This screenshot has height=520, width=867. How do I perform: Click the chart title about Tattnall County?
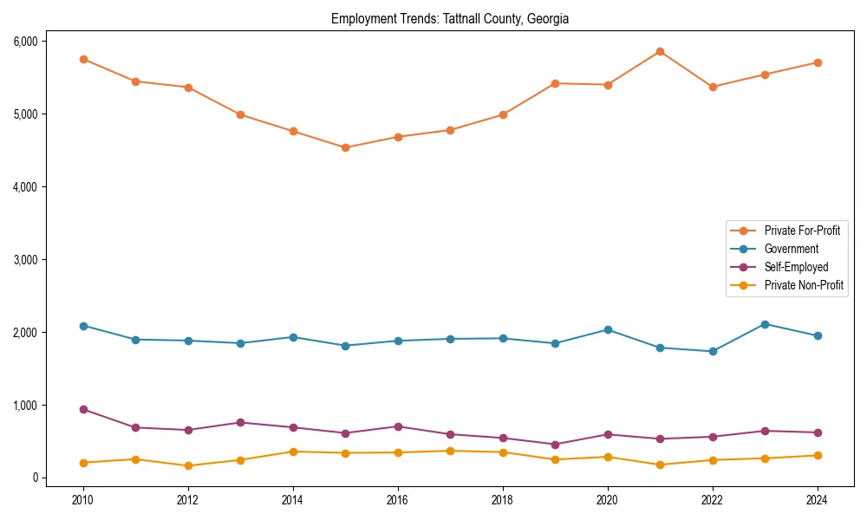(450, 18)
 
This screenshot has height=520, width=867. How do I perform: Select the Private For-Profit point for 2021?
(660, 51)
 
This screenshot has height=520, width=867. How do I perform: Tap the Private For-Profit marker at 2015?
(345, 147)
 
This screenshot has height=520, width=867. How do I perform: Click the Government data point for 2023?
(765, 324)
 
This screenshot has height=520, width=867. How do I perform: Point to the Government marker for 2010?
(83, 326)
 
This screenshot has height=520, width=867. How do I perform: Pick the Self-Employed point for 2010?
(83, 409)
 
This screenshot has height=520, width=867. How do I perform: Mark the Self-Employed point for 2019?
(555, 445)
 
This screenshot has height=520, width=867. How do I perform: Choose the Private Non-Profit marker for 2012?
(188, 465)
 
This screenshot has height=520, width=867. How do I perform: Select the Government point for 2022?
(713, 351)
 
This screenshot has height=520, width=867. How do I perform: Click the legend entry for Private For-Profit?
(802, 231)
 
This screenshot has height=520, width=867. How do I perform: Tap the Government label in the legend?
(791, 249)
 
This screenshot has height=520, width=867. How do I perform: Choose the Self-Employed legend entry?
(796, 267)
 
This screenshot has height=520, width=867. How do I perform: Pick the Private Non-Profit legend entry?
(804, 285)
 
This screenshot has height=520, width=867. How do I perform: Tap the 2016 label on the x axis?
(398, 500)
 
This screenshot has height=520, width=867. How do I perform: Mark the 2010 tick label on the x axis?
(83, 500)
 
